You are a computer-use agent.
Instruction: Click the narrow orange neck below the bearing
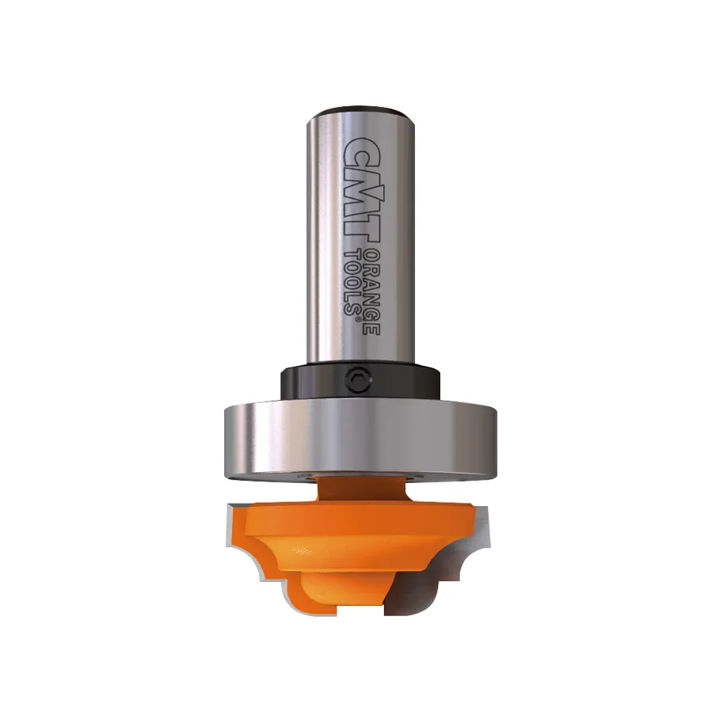click(360, 491)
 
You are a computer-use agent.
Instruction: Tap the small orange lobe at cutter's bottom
click(317, 598)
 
